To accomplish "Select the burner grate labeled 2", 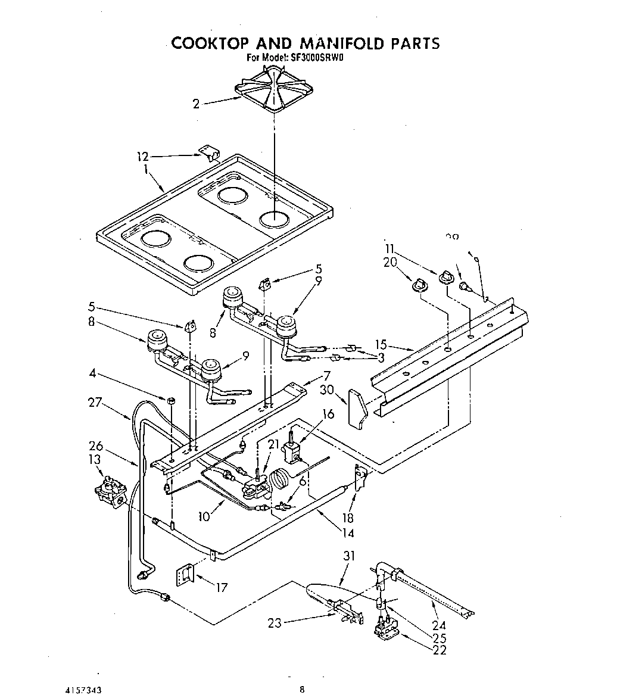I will point(275,88).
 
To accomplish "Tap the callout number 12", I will point(142,157).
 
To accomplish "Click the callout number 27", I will point(95,402).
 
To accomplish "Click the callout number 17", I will point(221,588).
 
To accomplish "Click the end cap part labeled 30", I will point(357,409).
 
